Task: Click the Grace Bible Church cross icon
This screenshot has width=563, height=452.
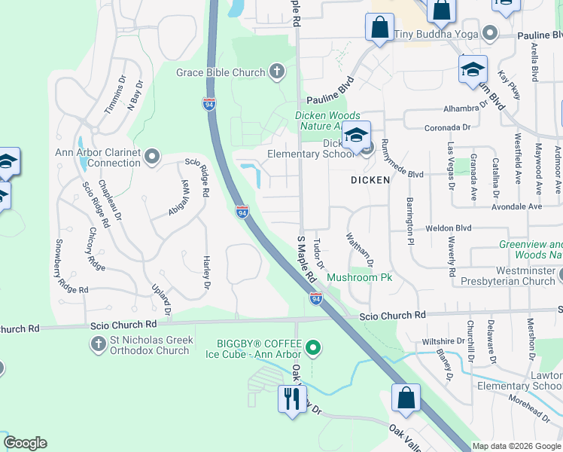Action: [x=277, y=72]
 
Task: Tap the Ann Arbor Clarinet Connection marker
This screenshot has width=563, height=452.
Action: [x=153, y=157]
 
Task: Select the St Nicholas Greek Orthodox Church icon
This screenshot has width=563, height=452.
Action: [x=98, y=345]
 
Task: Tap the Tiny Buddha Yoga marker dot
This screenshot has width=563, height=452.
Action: [x=490, y=32]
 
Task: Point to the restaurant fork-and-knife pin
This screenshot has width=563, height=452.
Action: [x=291, y=398]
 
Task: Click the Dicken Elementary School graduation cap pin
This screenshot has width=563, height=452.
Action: [x=356, y=136]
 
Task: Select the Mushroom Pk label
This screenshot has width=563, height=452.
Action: [x=360, y=278]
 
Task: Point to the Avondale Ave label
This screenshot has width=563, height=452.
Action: [x=516, y=206]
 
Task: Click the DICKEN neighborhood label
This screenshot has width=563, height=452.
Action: [x=370, y=180]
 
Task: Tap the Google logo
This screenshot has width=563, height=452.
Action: [x=25, y=443]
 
